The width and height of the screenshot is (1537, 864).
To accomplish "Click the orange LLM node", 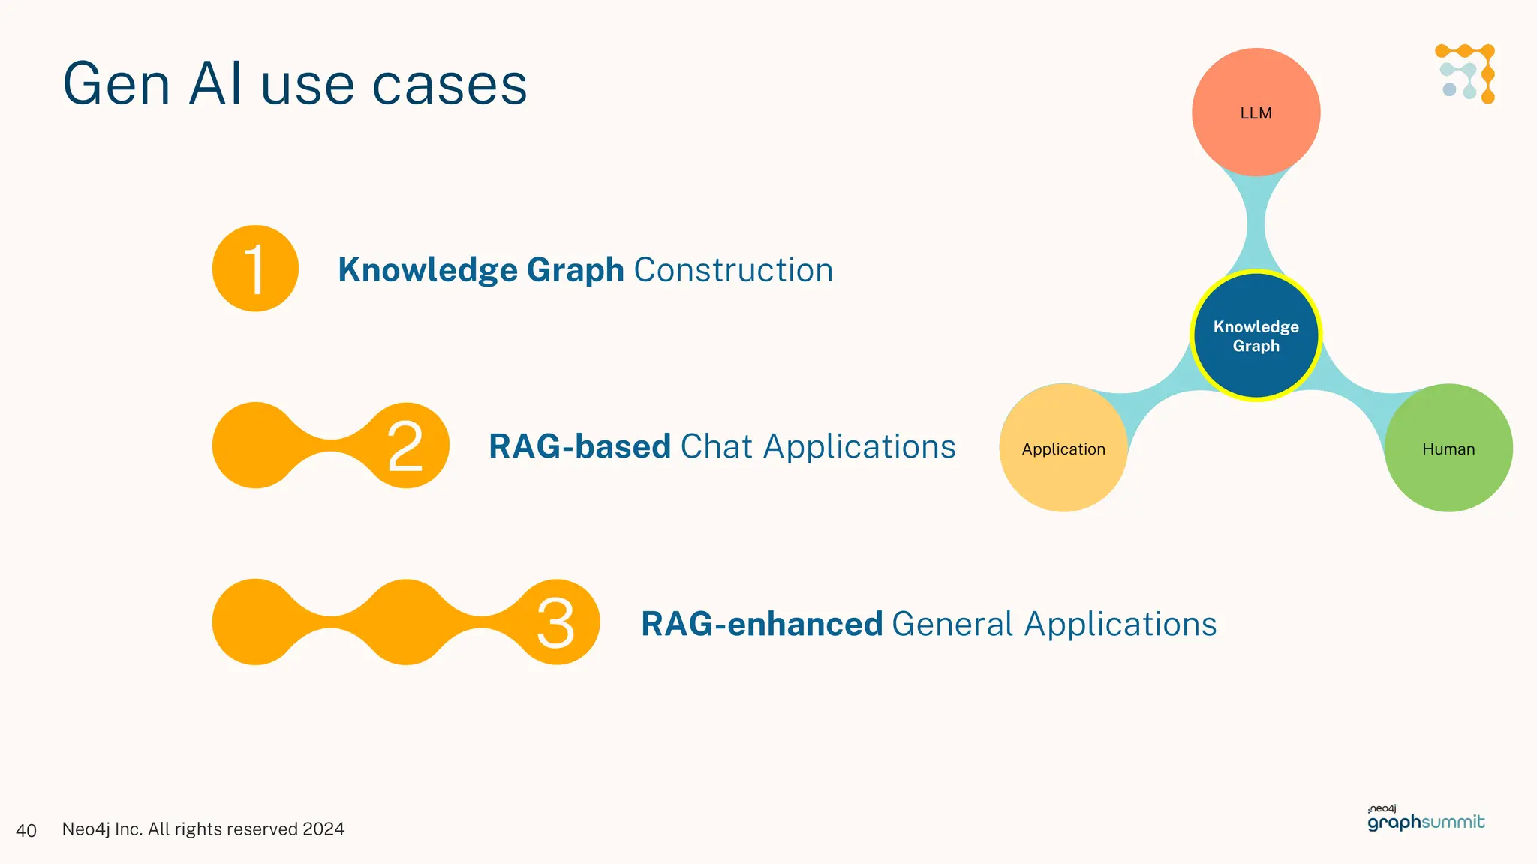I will pos(1256,112).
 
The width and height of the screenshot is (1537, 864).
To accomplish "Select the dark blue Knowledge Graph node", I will pos(1256,335).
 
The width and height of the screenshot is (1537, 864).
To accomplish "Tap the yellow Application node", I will pos(1063,448).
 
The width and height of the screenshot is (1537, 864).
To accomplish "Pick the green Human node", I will pos(1448,448).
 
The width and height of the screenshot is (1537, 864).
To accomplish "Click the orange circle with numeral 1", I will pos(255,268).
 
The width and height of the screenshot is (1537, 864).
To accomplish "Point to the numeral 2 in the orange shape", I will pos(405,446).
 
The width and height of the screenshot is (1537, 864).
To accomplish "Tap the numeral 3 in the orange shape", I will pos(555,623).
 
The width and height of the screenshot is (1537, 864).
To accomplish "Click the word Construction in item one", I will pos(733,270).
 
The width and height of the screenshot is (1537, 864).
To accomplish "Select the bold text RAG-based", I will pos(579,446).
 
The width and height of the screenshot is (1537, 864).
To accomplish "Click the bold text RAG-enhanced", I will pos(761,624).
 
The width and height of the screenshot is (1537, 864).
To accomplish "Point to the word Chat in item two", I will pos(716,446).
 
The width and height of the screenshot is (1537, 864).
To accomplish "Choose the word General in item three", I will pos(952,624).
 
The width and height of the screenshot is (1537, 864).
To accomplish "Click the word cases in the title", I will pos(450,84).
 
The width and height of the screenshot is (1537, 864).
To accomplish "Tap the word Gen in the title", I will pos(116,84).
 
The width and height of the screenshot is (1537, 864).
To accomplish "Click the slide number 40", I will pos(26,830).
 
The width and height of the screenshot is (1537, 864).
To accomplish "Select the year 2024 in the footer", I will pos(323,829).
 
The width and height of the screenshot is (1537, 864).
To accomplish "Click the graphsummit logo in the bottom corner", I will pos(1425,820).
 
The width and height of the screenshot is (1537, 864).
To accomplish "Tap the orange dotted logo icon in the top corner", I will pos(1466,73).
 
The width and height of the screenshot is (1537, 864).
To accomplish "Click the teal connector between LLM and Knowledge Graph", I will pos(1256,223).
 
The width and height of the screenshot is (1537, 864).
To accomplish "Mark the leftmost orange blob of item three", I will pos(255,622).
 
